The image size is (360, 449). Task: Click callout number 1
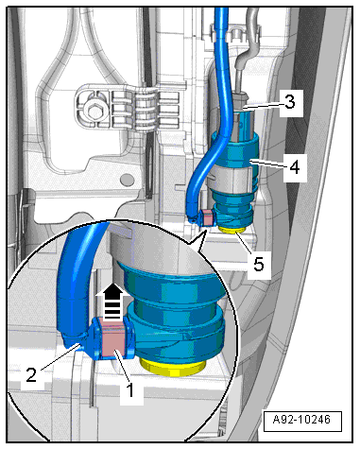(x=130, y=389)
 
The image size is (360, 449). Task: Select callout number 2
(x=31, y=375)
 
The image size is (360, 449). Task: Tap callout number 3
(x=289, y=102)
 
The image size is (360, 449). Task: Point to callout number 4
(x=295, y=166)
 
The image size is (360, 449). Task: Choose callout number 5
(x=259, y=264)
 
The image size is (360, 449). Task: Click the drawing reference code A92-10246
(x=302, y=420)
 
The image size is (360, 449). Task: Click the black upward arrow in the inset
(x=112, y=301)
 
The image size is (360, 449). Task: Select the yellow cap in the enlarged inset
(x=173, y=368)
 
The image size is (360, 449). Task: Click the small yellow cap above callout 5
(x=233, y=231)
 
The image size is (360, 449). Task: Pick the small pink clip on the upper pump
(x=208, y=217)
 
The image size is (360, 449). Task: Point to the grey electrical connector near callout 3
(x=243, y=116)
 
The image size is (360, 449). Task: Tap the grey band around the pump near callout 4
(x=231, y=176)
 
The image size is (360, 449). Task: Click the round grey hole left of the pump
(x=128, y=181)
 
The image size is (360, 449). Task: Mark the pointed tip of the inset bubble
(x=205, y=231)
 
